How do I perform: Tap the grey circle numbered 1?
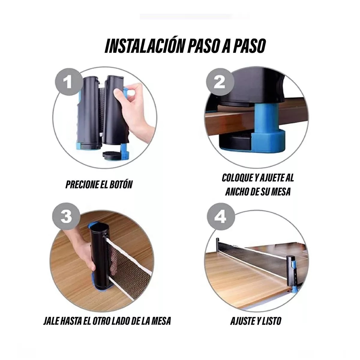(x=68, y=81)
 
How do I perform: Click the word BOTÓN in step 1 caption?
(x=120, y=184)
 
